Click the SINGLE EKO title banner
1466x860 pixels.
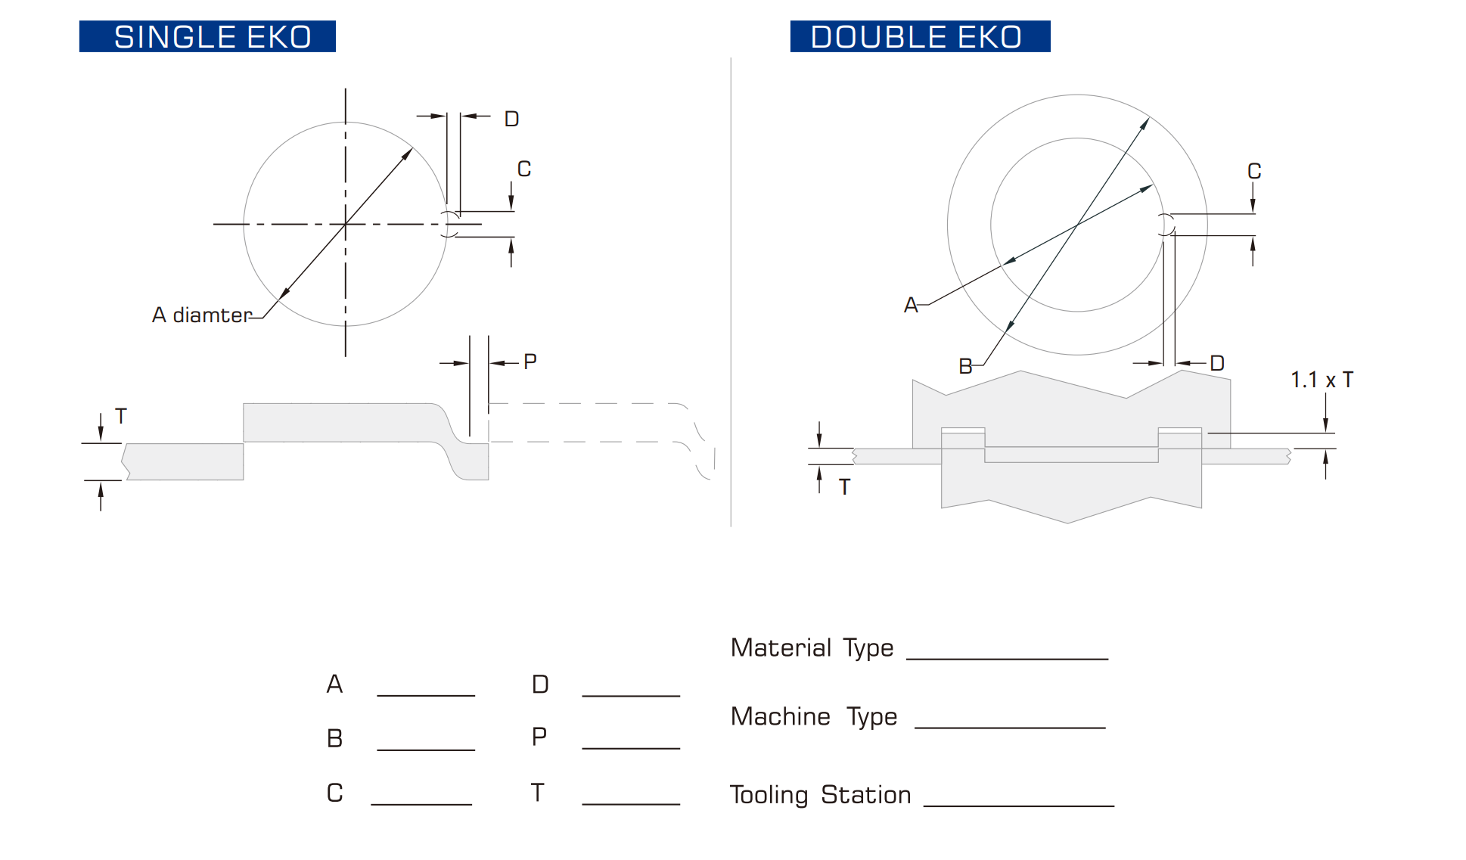[207, 36]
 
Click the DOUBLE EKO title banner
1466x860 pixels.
[920, 36]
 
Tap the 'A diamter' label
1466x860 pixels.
[201, 315]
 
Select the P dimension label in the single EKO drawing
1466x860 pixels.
[530, 362]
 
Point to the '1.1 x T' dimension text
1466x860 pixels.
[1322, 380]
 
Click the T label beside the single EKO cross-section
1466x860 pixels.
[121, 416]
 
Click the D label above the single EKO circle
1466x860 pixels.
[511, 119]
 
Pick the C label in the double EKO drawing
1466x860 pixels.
[1254, 171]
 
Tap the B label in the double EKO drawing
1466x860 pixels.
[965, 366]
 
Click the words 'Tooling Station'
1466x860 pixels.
[820, 795]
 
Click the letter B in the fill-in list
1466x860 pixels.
[335, 738]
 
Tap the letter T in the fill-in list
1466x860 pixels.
[537, 793]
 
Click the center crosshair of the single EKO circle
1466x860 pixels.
[346, 224]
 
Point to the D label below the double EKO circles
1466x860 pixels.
[1216, 363]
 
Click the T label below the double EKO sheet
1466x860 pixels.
[845, 487]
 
